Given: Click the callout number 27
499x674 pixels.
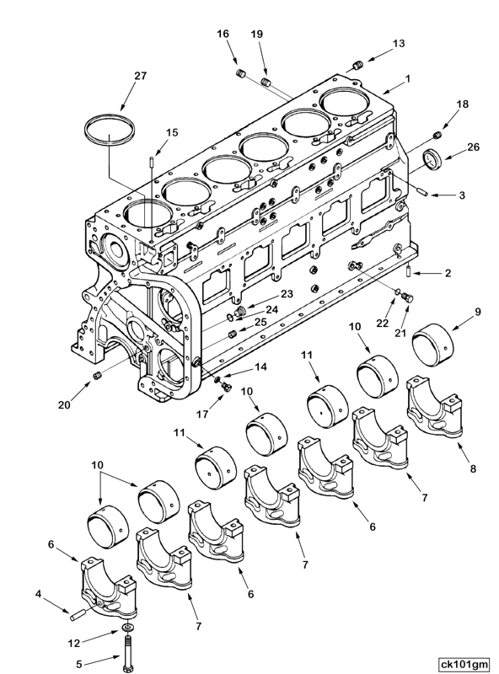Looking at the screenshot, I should [x=140, y=76].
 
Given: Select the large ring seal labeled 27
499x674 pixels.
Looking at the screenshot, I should [x=111, y=131].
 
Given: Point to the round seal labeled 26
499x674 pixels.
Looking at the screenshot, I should [x=432, y=158].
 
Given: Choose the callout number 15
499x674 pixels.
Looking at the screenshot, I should [x=172, y=132].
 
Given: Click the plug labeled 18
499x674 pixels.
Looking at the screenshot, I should [x=437, y=135].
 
